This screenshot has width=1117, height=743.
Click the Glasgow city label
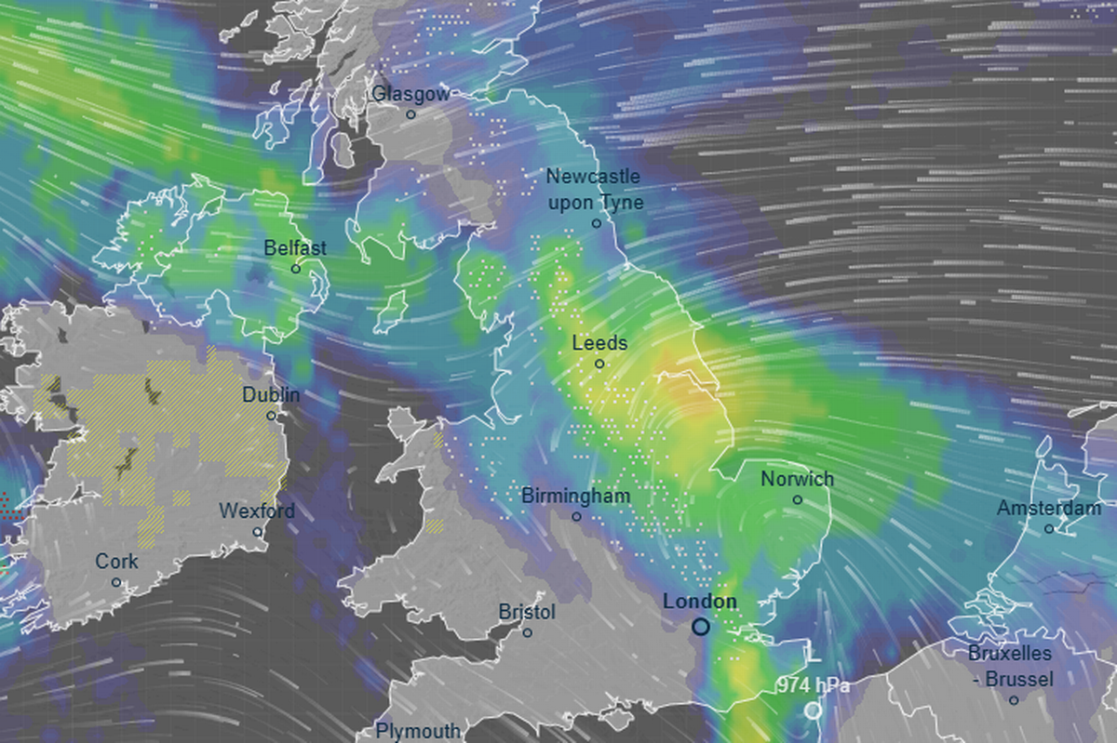point(410,94)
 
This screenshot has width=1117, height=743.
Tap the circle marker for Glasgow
point(410,114)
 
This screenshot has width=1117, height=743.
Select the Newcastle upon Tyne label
point(594,189)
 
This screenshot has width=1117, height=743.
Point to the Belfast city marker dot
point(296,269)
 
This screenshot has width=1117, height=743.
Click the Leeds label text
point(599,343)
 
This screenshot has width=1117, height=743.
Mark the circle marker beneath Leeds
point(599,364)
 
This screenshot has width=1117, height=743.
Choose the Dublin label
point(271,395)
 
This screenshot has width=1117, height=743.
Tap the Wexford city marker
point(258,532)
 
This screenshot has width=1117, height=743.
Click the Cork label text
point(116,562)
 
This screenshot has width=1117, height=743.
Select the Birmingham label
point(575,496)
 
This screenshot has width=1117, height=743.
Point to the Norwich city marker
point(798,499)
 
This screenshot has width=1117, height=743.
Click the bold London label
point(700,602)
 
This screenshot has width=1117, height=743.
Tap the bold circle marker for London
point(701,628)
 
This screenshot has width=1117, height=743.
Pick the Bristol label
point(527,613)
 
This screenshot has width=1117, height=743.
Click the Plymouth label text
point(418,731)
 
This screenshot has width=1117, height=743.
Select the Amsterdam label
point(1048,509)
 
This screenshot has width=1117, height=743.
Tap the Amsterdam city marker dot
point(1049,529)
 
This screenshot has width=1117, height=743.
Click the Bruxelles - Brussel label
point(1010,666)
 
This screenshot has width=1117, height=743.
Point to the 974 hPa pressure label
point(814,687)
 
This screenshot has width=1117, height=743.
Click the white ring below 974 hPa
point(814,710)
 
